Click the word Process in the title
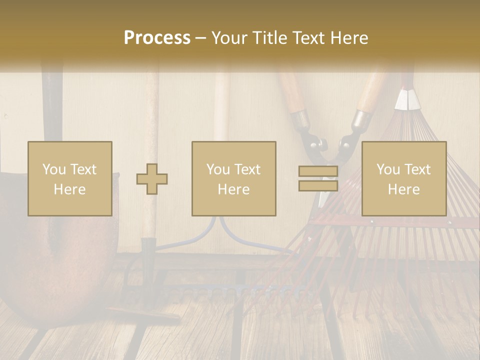point(157,38)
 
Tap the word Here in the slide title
point(348,38)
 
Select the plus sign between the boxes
point(152,178)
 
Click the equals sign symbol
point(318,178)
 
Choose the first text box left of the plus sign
point(70,178)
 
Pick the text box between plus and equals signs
point(234,178)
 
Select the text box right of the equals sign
point(404,178)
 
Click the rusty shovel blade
point(55,260)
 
